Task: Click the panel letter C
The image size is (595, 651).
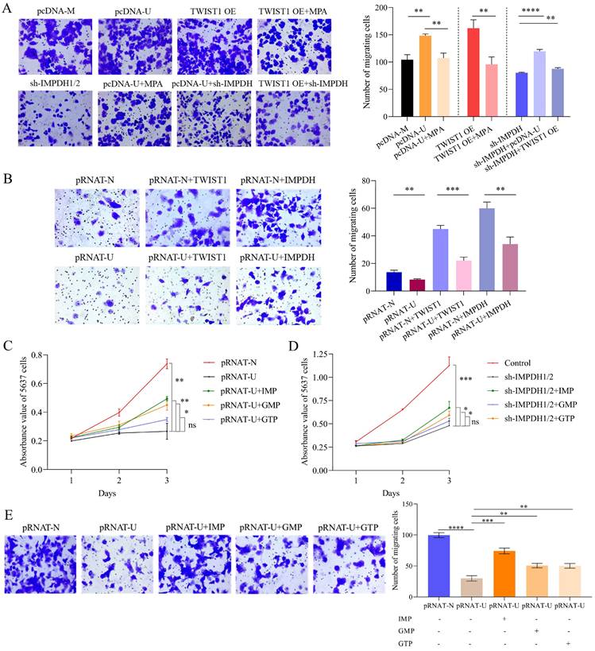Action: tap(7, 347)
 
